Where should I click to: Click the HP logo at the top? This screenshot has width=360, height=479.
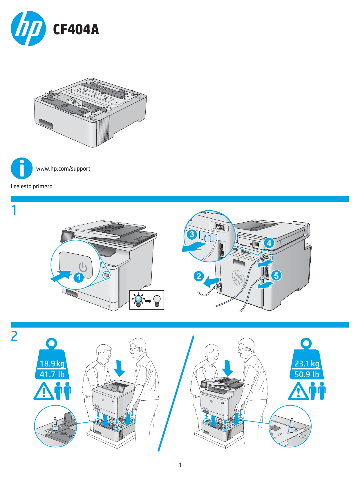(28, 29)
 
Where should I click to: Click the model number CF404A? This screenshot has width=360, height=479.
(76, 30)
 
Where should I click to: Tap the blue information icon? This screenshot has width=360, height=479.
(21, 168)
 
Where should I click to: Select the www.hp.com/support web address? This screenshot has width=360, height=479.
(63, 169)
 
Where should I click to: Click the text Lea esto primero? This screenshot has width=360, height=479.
(32, 186)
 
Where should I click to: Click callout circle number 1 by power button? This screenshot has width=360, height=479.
(79, 277)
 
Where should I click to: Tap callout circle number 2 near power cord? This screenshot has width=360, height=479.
(199, 276)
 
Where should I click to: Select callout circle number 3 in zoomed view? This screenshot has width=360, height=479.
(192, 234)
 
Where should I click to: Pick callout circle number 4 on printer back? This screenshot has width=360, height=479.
(269, 243)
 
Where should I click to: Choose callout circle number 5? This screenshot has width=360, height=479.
(276, 275)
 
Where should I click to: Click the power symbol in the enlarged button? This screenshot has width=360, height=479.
(83, 267)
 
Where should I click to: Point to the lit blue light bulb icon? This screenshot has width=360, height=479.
(139, 300)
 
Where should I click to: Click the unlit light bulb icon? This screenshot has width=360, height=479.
(157, 300)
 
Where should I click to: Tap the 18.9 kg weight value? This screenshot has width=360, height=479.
(52, 364)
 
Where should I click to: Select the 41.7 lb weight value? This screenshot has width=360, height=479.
(52, 374)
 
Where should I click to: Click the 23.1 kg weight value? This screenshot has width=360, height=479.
(307, 364)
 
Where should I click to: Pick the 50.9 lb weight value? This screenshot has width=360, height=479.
(307, 374)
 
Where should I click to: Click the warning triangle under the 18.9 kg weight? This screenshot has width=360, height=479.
(44, 392)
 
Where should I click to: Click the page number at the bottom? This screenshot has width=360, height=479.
(180, 465)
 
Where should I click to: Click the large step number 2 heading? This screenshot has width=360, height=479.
(14, 336)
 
